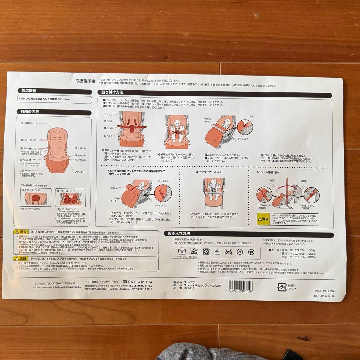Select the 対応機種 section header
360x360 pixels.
[29, 90]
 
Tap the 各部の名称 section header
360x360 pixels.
[30, 112]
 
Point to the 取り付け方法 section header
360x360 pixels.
[110, 92]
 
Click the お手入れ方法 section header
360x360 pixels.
[179, 234]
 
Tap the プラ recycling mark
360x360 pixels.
[282, 286]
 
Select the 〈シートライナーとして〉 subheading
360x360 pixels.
[207, 172]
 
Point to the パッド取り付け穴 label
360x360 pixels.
[30, 123]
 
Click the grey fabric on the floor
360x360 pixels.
[200, 353]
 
